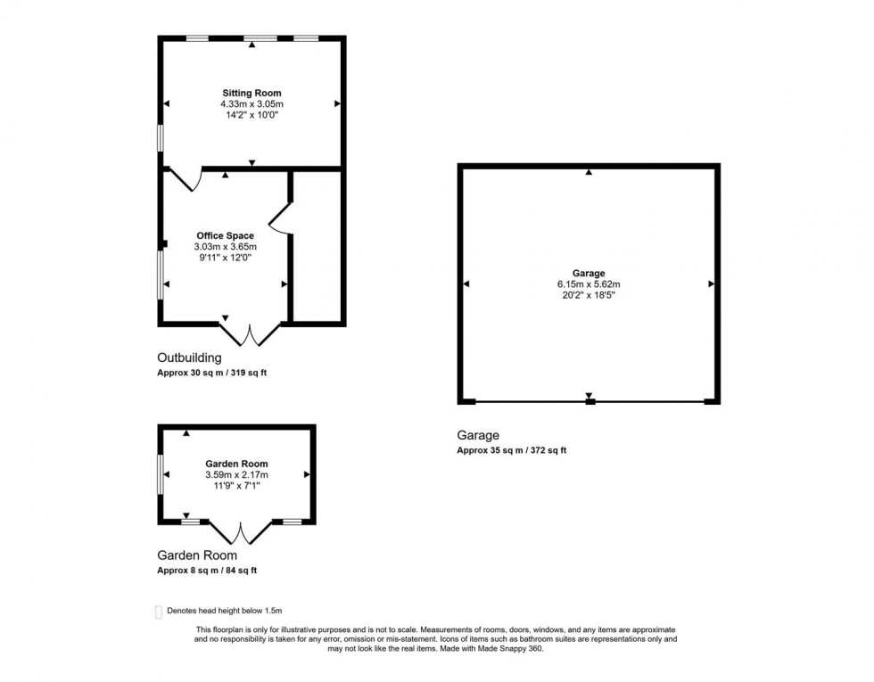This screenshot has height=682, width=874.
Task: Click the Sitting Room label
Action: pos(251,93)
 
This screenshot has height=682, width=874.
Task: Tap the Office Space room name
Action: pos(225,235)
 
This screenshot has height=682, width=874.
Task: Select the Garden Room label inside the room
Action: pos(236,464)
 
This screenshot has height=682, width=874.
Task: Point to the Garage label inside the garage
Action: pos(589,274)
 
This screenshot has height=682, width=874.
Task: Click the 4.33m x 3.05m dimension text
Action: pos(251,104)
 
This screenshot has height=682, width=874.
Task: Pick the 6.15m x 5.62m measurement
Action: pos(589,284)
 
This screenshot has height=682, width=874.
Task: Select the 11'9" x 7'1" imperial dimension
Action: pos(236,487)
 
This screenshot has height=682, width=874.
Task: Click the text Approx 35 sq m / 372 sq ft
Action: pos(511,451)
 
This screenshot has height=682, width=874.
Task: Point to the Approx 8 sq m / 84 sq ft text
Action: pos(208,571)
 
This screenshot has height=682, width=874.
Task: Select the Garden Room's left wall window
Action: pos(161,474)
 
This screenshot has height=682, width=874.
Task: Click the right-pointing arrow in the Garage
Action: pos(712,284)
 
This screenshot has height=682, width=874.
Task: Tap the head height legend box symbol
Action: pos(159,611)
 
